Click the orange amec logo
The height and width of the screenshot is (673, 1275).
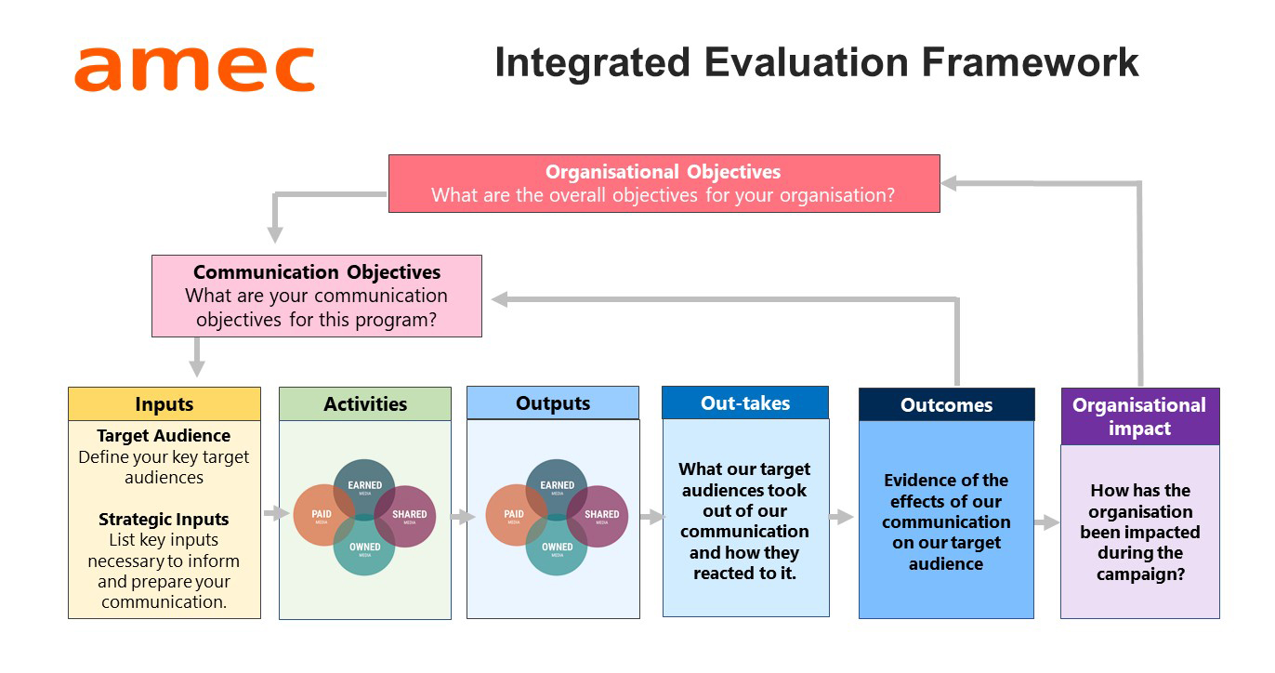click(194, 69)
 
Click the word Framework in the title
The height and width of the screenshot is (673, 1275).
click(1030, 62)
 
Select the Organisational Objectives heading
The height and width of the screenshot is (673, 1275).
click(664, 171)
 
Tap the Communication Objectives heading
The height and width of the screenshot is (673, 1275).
click(317, 272)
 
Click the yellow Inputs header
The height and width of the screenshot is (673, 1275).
click(164, 403)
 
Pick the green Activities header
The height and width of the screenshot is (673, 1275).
click(365, 403)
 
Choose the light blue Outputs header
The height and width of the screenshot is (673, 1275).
click(553, 403)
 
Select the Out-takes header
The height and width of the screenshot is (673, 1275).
click(745, 402)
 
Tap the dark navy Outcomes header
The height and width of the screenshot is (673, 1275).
click(947, 405)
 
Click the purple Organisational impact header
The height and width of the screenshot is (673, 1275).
click(1140, 416)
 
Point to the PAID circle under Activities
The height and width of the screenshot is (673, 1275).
click(323, 515)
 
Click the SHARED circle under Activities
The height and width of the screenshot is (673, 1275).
click(405, 516)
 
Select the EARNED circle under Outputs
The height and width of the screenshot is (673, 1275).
click(557, 490)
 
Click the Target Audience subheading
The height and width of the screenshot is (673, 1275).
click(164, 436)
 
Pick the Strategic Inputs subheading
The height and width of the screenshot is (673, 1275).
click(164, 520)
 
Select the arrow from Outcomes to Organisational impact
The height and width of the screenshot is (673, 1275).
click(1046, 522)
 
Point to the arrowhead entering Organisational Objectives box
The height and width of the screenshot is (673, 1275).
click(949, 183)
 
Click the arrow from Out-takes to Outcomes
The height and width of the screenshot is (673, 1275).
click(841, 517)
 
